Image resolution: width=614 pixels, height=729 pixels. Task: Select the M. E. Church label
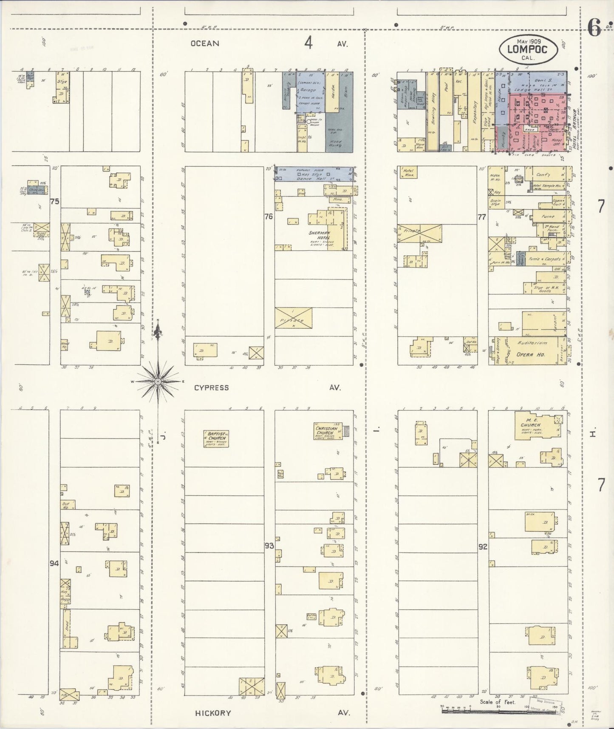click(530, 422)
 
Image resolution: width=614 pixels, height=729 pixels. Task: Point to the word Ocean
click(205, 43)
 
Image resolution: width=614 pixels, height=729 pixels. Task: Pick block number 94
click(54, 564)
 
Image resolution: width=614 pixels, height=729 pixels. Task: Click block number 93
click(269, 546)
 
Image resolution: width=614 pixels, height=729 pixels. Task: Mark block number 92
click(482, 547)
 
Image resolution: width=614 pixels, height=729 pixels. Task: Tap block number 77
click(481, 217)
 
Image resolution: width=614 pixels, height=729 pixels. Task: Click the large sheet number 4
click(308, 43)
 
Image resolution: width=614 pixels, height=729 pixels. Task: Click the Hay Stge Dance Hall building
click(314, 174)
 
